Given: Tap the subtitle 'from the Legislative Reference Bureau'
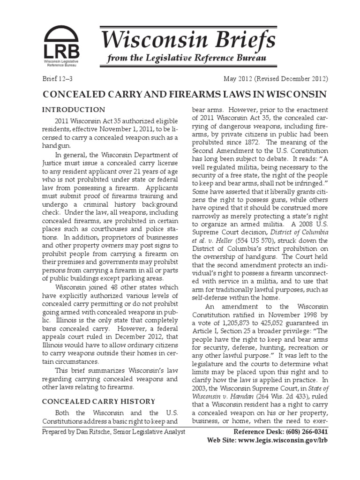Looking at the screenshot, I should pyautogui.click(x=187, y=58).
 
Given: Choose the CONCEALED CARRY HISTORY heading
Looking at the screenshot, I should pyautogui.click(x=99, y=401).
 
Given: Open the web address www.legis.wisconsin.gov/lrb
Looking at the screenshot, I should pyautogui.click(x=281, y=441).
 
